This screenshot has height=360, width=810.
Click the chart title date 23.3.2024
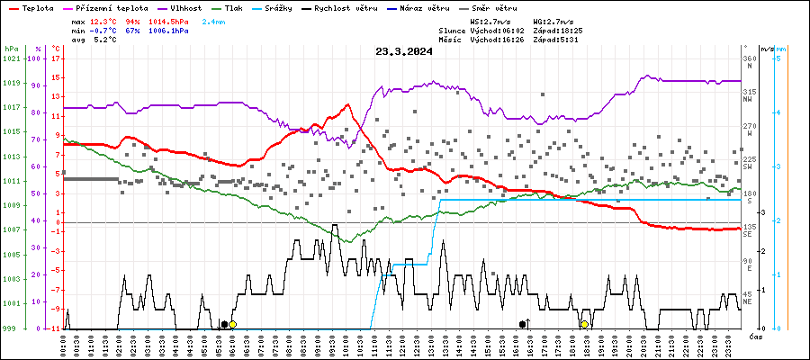[404, 51]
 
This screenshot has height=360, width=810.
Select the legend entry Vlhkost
[186, 7]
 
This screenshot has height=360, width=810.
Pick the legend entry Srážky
[301, 7]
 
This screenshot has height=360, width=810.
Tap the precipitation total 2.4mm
[214, 20]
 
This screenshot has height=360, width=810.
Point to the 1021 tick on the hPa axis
[11, 58]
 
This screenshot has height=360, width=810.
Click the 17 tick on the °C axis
[57, 58]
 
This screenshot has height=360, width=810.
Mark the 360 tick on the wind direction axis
[748, 58]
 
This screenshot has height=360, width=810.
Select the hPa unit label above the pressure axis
[11, 49]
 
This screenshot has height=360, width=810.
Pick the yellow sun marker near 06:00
[232, 324]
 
